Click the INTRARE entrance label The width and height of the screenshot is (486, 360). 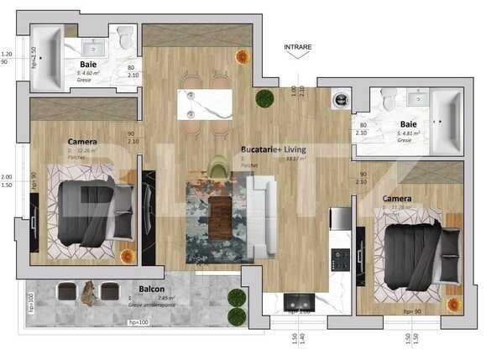tap(297, 46)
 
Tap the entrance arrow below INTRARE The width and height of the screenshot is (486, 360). tap(297, 55)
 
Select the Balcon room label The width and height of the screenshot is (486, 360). tap(151, 289)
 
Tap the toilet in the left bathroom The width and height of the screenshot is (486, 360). tap(126, 38)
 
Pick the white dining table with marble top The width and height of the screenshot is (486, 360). tap(204, 104)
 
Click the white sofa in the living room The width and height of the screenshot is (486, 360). tap(261, 215)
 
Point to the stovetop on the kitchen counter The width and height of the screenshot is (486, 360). tap(342, 259)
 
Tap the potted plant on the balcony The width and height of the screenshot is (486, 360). tap(237, 300)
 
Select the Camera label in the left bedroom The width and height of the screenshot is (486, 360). tap(81, 142)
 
